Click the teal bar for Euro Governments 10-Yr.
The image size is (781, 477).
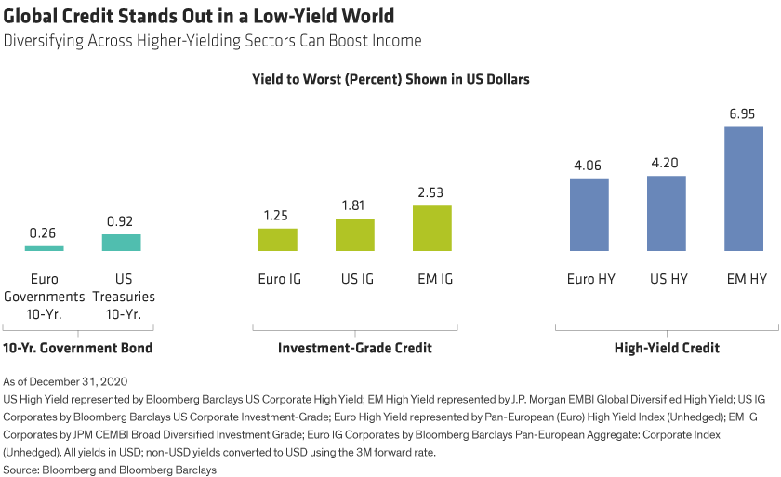(44, 248)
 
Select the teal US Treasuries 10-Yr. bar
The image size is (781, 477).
(121, 243)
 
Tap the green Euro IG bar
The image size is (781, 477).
(278, 239)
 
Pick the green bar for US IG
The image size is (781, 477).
(355, 234)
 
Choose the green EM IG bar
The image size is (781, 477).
(432, 228)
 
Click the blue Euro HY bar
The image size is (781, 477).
(589, 214)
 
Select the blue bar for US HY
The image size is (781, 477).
(667, 213)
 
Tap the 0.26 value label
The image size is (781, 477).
(44, 232)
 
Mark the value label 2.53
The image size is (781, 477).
(432, 193)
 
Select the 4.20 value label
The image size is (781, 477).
(667, 163)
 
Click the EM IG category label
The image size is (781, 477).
(432, 277)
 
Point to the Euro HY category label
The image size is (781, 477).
(589, 277)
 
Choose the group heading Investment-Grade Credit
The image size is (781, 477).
(356, 349)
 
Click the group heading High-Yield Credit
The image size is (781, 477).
(666, 349)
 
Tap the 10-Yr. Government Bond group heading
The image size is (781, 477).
(78, 349)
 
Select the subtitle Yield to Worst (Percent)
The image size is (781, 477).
(390, 80)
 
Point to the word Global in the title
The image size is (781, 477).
(32, 17)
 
